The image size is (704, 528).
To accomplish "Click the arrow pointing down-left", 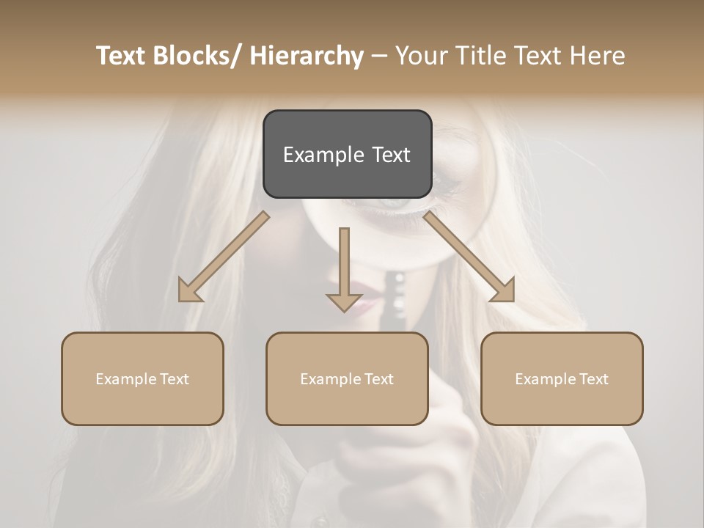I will tap(224, 257).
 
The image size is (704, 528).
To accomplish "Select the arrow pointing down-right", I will tap(469, 257).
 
